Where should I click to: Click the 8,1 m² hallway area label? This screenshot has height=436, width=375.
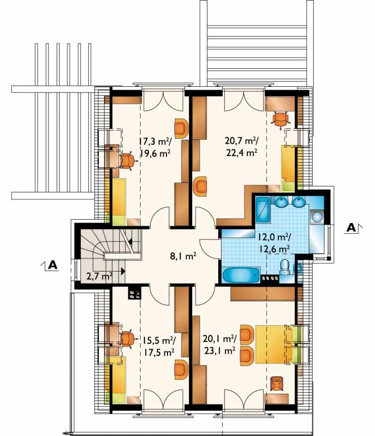183,256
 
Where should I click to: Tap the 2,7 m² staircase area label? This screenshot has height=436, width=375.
99,276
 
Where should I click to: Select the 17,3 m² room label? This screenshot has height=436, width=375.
155,142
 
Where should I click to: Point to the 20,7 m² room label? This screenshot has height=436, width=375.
242,141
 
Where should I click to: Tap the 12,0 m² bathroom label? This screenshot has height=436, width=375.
274,237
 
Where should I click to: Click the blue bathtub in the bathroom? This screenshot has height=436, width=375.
241,275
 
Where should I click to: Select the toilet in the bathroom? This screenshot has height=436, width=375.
285,267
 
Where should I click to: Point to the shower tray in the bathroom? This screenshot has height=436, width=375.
263,210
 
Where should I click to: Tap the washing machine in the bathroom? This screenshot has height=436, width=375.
317,216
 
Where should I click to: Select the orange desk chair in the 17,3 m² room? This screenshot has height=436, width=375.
128,161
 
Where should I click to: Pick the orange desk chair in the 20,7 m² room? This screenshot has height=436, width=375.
281,119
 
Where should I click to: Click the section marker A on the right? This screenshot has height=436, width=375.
351,228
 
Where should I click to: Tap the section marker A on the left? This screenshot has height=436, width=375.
52,265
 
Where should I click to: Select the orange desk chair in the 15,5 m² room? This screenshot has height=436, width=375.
128,339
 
